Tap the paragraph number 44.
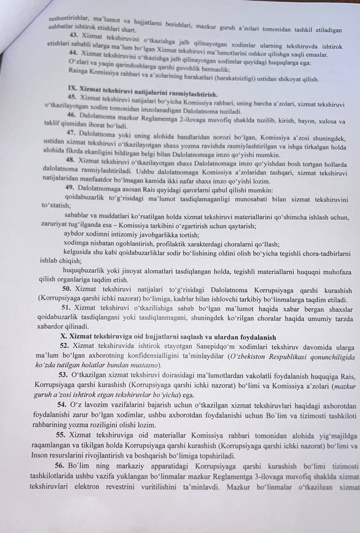click(x=75, y=54)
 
